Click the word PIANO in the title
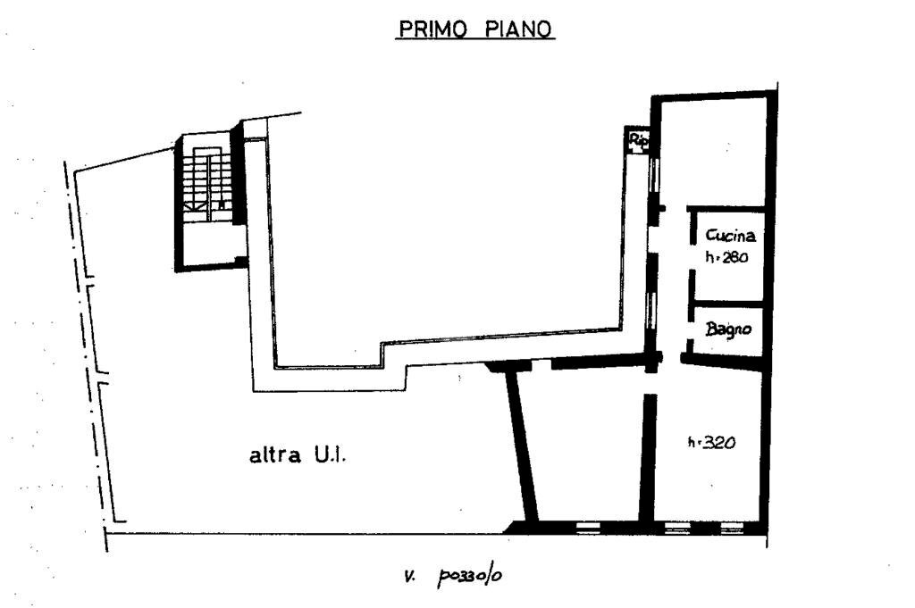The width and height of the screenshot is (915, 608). (x=520, y=29)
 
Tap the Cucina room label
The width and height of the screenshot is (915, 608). (x=731, y=237)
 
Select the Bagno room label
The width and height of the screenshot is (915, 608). (x=728, y=329)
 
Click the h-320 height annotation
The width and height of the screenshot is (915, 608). (x=711, y=442)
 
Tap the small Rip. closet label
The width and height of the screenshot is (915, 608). (x=638, y=139)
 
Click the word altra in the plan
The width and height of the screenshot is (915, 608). (x=275, y=456)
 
